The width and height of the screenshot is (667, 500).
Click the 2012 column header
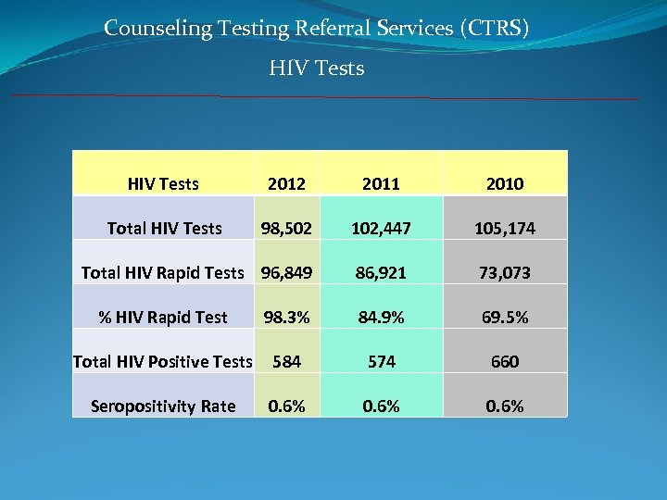coord(286,184)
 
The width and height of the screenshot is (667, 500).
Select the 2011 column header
coord(381,184)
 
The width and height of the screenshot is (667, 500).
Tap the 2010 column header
coord(505,184)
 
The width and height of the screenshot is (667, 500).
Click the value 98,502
coord(286,229)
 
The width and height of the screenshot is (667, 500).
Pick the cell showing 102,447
coord(381,229)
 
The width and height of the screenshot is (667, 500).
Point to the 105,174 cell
coord(505,229)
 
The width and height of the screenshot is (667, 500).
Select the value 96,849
coord(286,273)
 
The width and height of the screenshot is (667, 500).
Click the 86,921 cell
coord(381,273)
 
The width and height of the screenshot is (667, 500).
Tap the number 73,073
coord(505,273)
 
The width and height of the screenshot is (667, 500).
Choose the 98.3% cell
coord(286,318)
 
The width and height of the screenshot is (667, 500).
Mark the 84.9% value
coord(381,318)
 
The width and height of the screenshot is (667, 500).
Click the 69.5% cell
coord(505,318)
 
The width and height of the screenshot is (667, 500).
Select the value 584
coord(286,362)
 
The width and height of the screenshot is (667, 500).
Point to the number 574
coord(381,362)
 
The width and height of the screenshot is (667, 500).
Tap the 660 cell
coord(505,362)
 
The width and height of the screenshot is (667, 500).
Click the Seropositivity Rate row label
coord(163,406)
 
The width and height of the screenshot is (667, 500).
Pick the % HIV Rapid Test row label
coord(163,318)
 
